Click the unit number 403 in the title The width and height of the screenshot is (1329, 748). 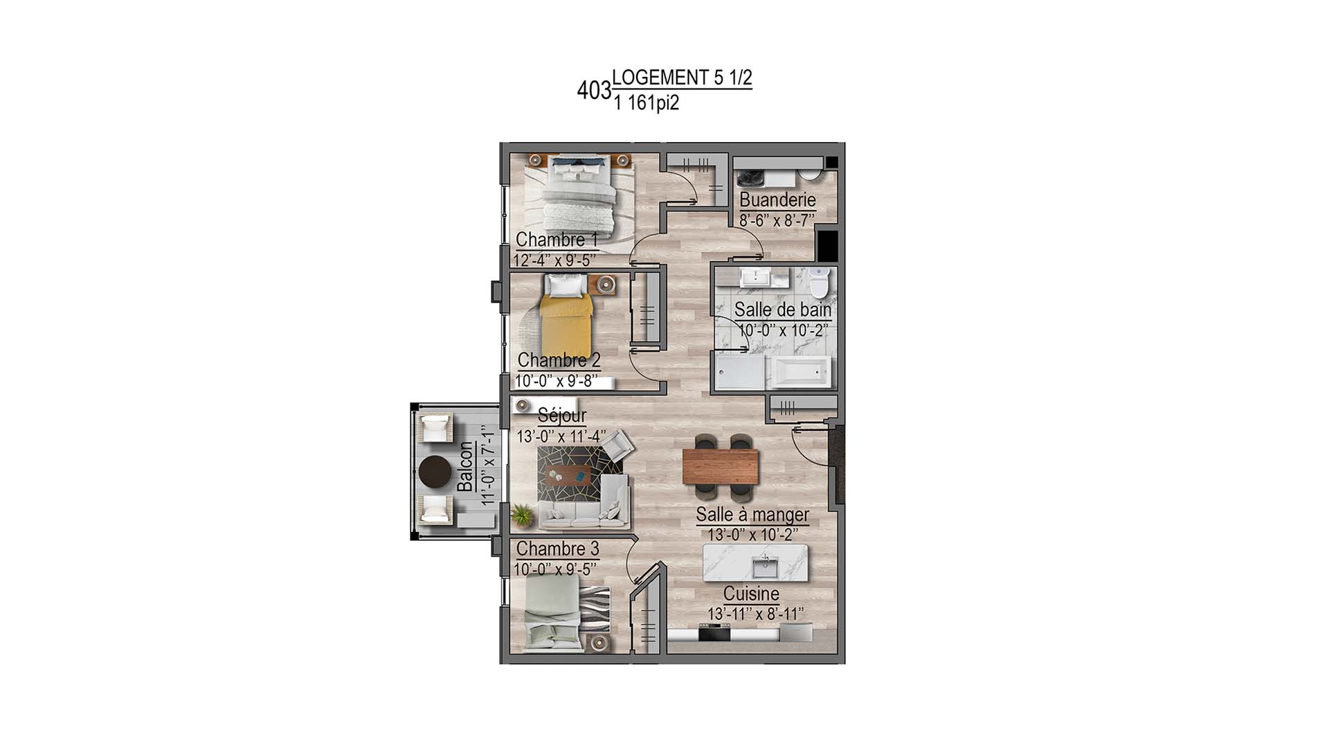coord(594,91)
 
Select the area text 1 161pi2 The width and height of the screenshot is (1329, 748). coord(646,103)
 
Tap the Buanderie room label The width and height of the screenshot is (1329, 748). coord(777,200)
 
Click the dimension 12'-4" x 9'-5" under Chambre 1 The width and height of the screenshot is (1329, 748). coord(554,260)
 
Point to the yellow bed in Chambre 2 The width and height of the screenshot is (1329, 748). coord(566,326)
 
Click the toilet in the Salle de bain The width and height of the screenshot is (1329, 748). coord(819,283)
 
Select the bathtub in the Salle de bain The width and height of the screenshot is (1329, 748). coord(802,373)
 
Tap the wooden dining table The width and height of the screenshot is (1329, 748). coord(720,466)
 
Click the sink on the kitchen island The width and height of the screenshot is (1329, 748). coord(766,568)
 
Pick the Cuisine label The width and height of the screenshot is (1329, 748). coord(751,594)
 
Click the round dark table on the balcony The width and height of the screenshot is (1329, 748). coord(434,473)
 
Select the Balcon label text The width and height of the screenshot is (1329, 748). coord(466,467)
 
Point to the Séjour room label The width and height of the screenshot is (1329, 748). coord(561,416)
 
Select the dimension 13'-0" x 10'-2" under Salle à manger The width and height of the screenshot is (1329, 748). coord(752,535)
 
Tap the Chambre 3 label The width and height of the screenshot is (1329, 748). coord(557,549)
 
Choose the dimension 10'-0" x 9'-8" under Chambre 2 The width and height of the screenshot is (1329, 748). coord(557,381)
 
